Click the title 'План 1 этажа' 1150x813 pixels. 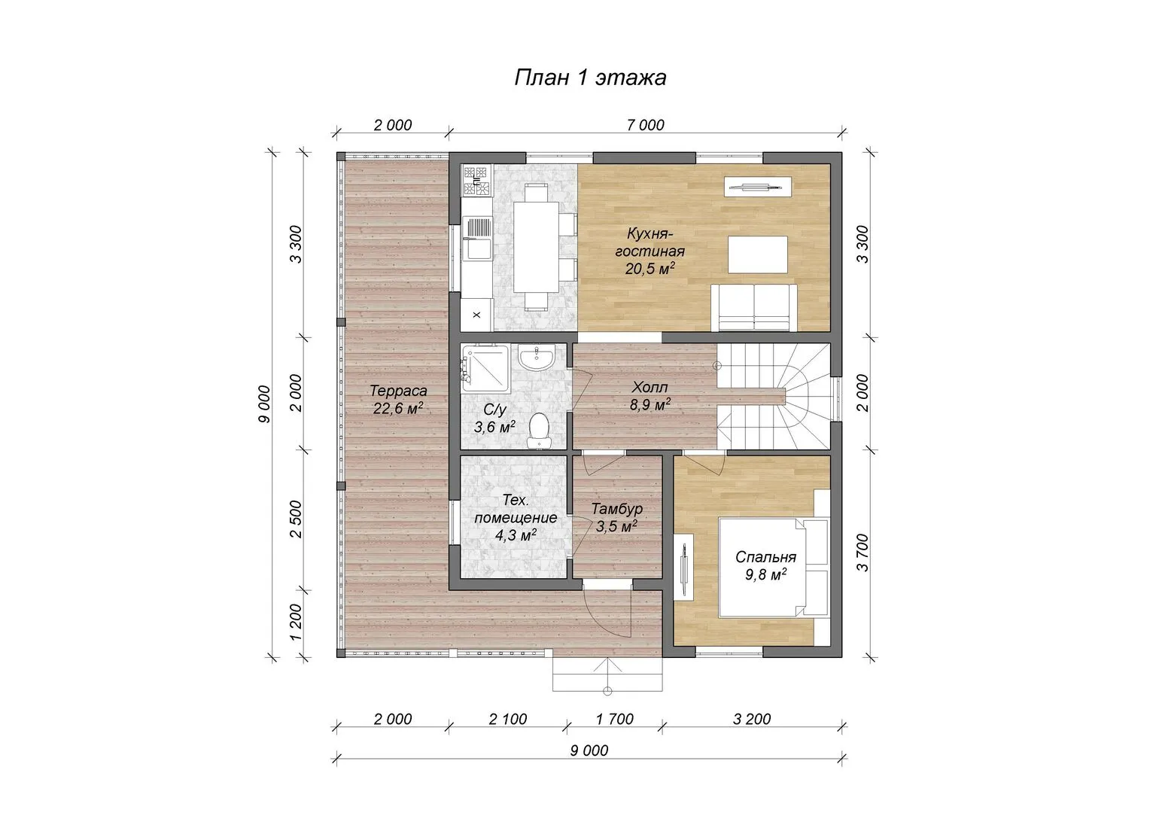click(590, 78)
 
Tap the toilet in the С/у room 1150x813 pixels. click(538, 431)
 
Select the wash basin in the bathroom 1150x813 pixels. click(536, 358)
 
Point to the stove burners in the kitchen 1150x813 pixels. click(476, 181)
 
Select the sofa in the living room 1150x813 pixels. click(754, 307)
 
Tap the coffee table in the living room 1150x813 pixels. click(758, 254)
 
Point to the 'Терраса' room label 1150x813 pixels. click(398, 391)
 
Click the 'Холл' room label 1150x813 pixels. click(650, 387)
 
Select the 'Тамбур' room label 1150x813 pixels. click(616, 509)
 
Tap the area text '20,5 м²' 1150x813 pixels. click(650, 268)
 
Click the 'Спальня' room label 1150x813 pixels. click(765, 557)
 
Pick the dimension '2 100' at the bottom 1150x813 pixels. click(508, 719)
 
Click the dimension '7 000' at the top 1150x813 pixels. click(645, 125)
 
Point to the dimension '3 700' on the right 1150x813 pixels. click(863, 553)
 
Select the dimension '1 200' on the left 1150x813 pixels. click(297, 622)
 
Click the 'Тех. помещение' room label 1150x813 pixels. click(516, 518)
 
